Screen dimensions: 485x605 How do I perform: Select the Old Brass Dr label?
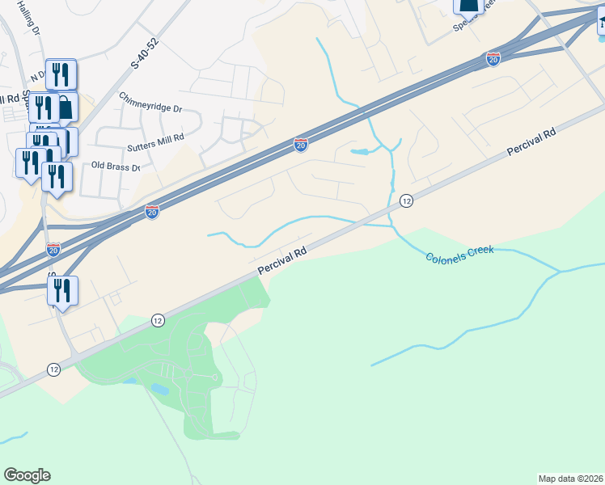tap(116, 167)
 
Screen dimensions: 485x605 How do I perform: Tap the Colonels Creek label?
tap(459, 251)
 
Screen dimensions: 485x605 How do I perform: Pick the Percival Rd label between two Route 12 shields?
tap(282, 263)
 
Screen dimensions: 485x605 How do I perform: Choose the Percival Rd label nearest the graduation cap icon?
tap(531, 141)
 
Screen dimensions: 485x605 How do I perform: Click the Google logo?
tap(27, 475)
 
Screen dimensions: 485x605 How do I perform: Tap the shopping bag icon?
tap(66, 106)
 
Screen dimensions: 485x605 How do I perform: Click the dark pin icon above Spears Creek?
tap(469, 6)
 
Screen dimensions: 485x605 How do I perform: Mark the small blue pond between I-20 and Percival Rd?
tap(359, 151)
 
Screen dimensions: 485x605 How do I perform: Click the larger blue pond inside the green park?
tap(159, 389)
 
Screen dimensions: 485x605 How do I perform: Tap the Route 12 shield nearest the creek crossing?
tap(406, 200)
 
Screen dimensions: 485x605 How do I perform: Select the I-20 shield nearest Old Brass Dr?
tap(152, 211)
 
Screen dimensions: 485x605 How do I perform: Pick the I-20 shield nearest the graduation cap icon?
tap(493, 58)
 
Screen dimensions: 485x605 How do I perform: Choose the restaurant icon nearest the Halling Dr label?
tap(61, 74)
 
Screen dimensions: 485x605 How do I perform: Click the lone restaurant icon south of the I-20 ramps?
tap(62, 291)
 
